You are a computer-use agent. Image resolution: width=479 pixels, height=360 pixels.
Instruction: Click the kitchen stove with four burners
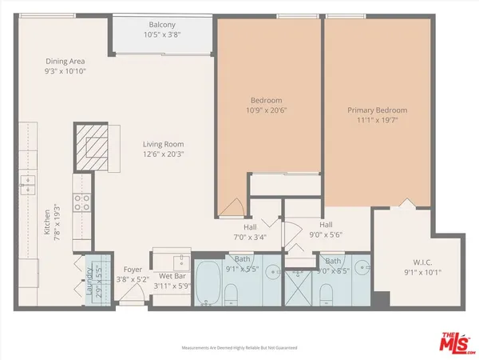coord(82,203)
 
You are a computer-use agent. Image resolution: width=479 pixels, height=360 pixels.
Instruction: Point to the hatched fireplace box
coord(94,146)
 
